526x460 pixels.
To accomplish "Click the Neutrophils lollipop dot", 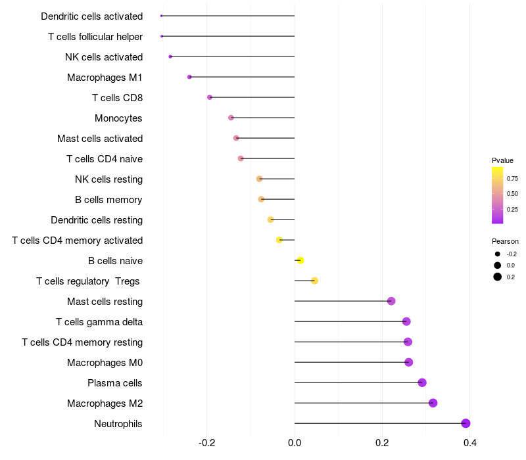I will click(466, 423).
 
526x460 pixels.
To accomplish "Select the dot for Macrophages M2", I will click(433, 403).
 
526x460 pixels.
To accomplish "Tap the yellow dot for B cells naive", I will click(300, 260).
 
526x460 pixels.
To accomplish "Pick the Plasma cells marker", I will click(422, 382).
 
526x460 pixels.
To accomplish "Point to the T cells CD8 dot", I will click(210, 97).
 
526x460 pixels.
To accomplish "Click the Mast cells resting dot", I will click(391, 301).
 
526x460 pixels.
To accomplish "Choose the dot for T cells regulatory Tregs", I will click(314, 281).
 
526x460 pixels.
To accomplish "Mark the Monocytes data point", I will click(231, 118).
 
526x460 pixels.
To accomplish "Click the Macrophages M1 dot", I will click(189, 77).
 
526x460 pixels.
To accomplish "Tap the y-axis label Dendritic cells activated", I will click(91, 16).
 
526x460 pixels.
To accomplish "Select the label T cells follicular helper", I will click(95, 36).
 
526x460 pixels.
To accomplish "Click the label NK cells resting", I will click(108, 179).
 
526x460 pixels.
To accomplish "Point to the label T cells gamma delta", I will click(99, 321).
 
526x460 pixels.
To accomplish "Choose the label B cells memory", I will click(108, 200).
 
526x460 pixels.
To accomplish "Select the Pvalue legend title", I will click(502, 160).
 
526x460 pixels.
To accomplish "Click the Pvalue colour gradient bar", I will click(498, 195).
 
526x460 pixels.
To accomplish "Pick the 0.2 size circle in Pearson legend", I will click(498, 277).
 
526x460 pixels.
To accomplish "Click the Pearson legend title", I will click(505, 241).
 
